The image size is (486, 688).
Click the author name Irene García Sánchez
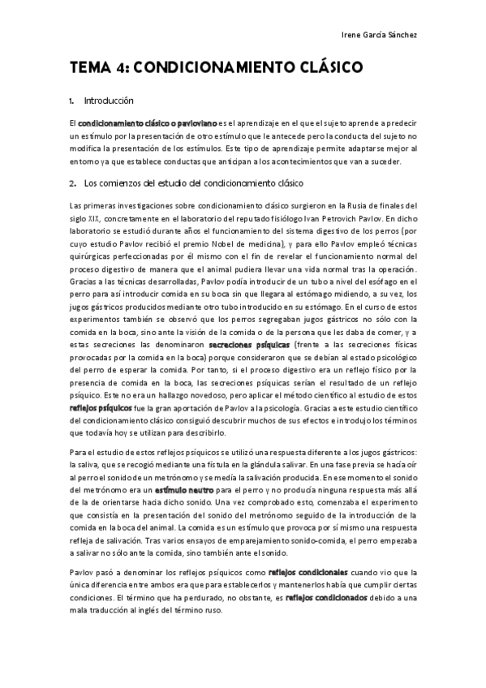(x=380, y=36)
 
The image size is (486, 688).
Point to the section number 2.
(x=72, y=183)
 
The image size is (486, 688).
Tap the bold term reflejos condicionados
(x=329, y=597)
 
